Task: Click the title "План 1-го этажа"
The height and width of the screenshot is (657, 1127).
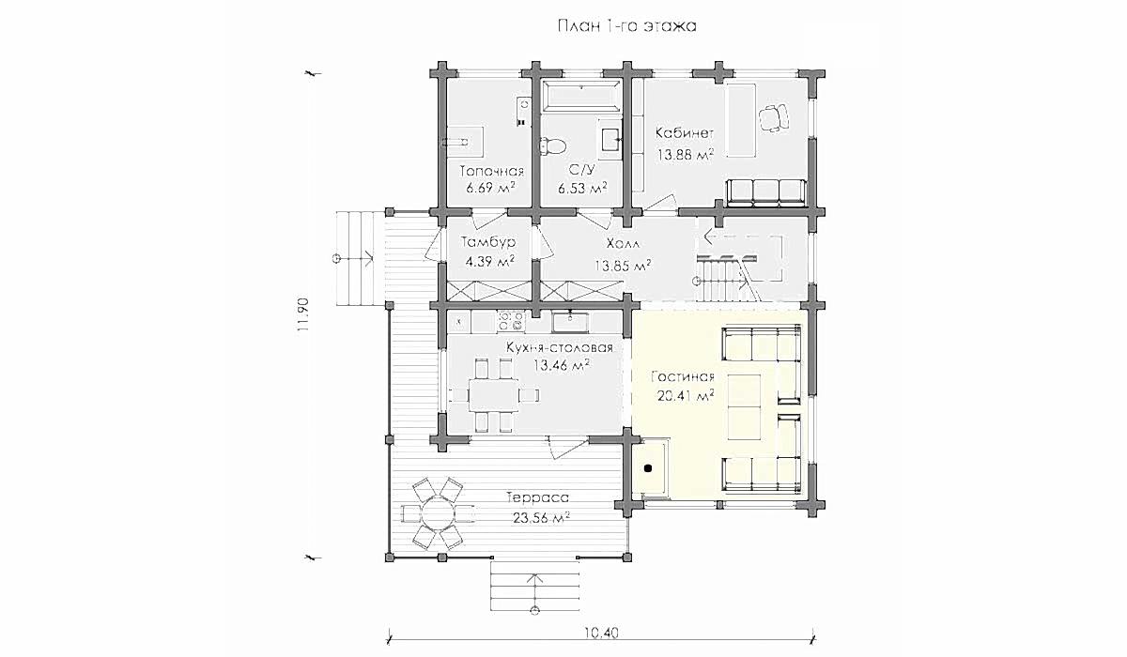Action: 627,26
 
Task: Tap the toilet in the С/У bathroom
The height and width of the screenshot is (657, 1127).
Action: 553,146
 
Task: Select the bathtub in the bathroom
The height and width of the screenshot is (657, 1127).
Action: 582,94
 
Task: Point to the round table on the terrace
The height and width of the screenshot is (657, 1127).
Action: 437,513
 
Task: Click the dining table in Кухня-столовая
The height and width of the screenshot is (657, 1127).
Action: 494,395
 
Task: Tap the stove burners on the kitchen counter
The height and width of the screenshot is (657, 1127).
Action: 511,322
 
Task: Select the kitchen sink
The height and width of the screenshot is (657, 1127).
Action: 570,322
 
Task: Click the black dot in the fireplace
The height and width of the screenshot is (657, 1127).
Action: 648,468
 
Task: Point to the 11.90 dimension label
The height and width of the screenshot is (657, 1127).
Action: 303,315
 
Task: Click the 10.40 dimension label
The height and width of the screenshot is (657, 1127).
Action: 602,633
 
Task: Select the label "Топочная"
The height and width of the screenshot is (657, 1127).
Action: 492,172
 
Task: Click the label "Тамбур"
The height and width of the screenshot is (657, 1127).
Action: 488,242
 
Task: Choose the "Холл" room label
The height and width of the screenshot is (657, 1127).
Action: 624,244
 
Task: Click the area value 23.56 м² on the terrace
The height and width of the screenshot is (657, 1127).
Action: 541,517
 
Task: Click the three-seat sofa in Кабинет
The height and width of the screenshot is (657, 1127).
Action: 766,193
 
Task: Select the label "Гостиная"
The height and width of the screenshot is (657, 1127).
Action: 683,377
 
